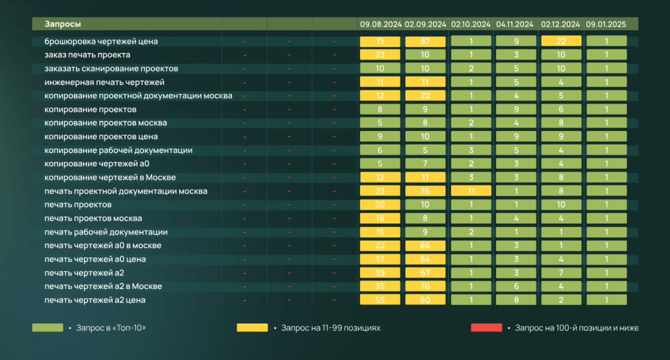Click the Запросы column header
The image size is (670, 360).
tap(63, 24)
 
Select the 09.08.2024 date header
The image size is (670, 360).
tap(380, 24)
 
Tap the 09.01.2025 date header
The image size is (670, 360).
tap(605, 24)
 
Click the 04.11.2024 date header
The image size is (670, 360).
tap(515, 24)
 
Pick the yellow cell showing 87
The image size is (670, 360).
tap(425, 41)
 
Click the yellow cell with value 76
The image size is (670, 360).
tap(425, 191)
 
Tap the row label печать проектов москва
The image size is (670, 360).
tap(93, 218)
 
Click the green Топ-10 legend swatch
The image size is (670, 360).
tap(47, 327)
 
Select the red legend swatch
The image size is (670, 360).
tap(486, 327)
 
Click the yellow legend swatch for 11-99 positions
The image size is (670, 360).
tap(252, 327)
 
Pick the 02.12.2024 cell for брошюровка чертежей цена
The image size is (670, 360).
tap(561, 41)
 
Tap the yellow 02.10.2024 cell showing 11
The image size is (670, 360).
tap(471, 191)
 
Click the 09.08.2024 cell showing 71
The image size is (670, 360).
tap(380, 41)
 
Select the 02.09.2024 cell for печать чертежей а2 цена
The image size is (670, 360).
tap(425, 300)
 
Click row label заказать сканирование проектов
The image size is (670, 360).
tap(111, 68)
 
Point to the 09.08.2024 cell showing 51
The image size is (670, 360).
tap(380, 259)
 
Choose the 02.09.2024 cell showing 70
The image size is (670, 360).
tap(425, 286)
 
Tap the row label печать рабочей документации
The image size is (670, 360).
tap(106, 232)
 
